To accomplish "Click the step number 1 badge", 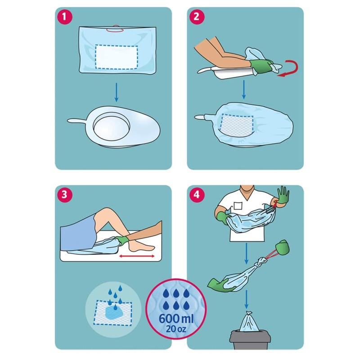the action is [x=64, y=17].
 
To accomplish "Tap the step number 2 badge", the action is [x=196, y=17].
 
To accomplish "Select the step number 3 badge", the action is [x=64, y=194].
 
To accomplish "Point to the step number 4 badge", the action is [x=197, y=194].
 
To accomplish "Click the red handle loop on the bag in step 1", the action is [x=115, y=29].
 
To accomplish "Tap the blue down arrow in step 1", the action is [x=117, y=92].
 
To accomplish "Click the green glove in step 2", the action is [x=261, y=66].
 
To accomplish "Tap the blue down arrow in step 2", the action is [x=244, y=90].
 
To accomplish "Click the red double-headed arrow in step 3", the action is [x=137, y=256].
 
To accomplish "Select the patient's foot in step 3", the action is [x=140, y=246].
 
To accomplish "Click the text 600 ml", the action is [x=176, y=319].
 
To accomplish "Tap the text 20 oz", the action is [x=176, y=329].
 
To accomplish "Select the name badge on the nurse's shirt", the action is [x=238, y=206].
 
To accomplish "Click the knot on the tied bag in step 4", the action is [x=262, y=261].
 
